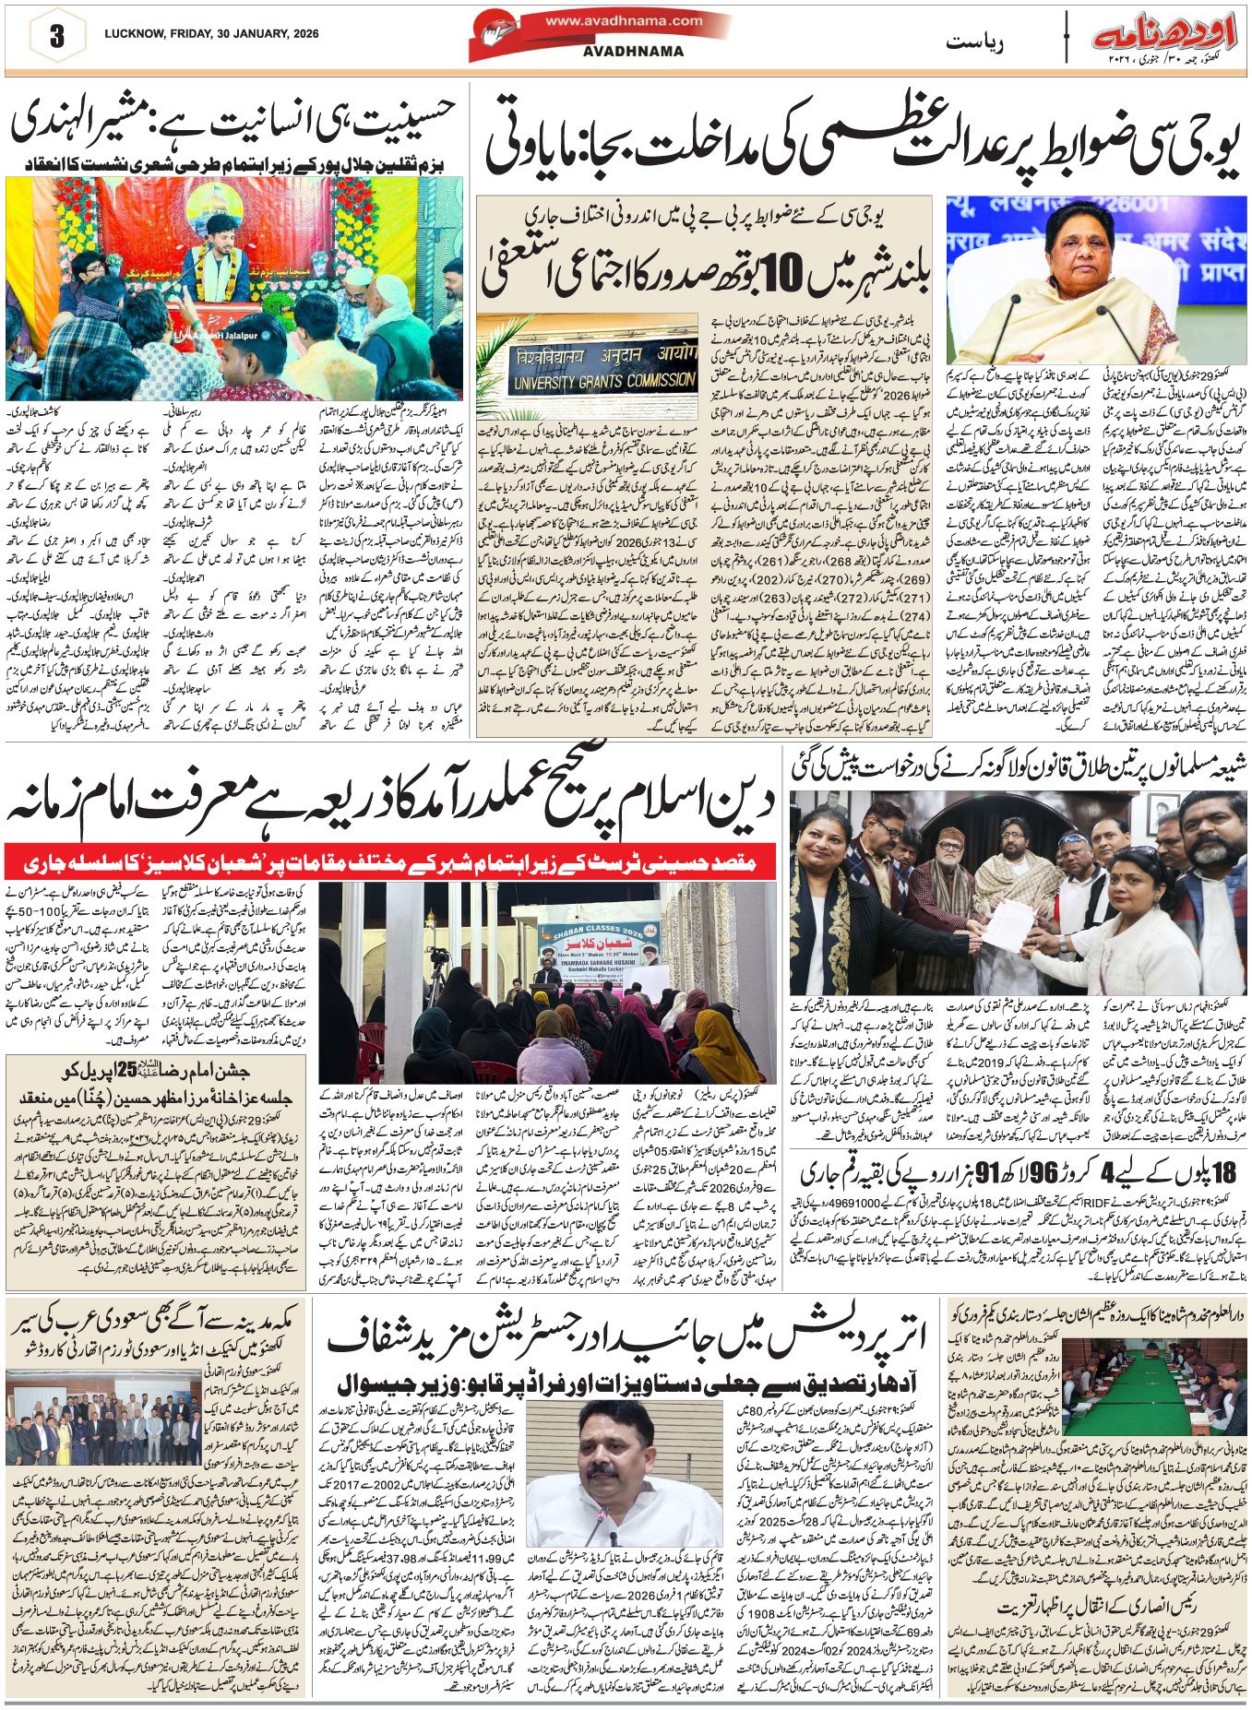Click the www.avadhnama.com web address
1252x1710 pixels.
tap(624, 19)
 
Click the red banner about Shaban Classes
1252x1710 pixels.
tap(394, 864)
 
